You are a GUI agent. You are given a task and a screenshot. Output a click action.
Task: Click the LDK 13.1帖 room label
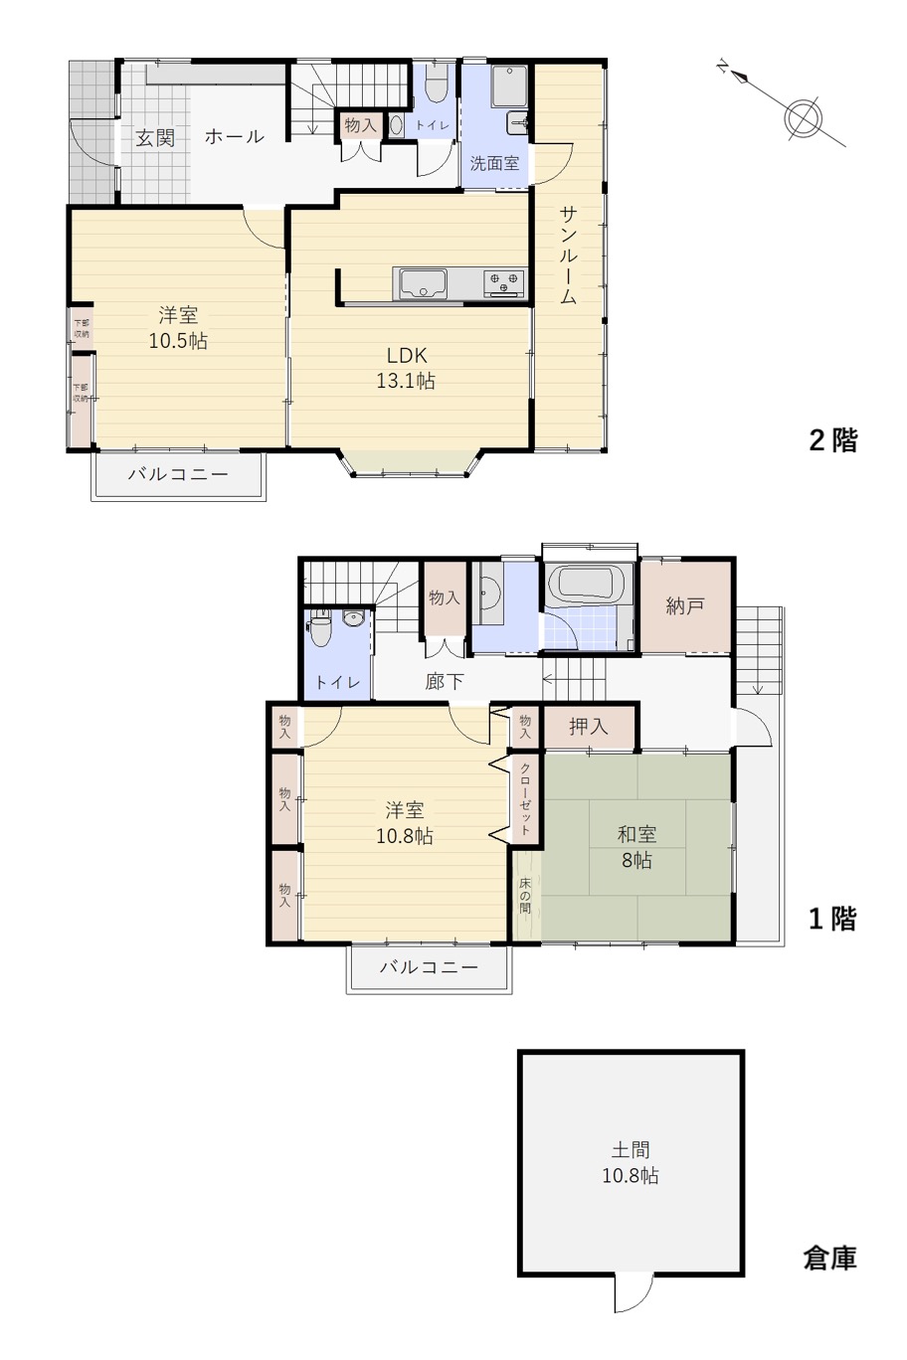click(406, 368)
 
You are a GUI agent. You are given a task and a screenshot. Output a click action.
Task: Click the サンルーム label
click(568, 255)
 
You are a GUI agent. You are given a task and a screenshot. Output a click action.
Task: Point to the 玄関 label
click(155, 138)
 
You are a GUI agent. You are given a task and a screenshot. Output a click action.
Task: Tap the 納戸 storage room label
click(684, 605)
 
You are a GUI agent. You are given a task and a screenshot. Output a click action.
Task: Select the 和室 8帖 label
click(636, 847)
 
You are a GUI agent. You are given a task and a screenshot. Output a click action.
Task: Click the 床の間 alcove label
click(525, 896)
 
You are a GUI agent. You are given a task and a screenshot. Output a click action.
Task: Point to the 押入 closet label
click(588, 726)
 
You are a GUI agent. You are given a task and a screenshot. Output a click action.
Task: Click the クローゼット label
click(525, 798)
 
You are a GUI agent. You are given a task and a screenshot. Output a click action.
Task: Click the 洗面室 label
click(494, 163)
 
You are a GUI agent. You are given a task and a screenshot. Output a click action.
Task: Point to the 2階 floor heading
click(832, 440)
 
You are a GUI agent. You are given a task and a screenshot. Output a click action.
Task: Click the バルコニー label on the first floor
click(429, 966)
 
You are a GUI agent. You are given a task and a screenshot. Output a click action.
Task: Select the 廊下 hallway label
click(445, 682)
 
